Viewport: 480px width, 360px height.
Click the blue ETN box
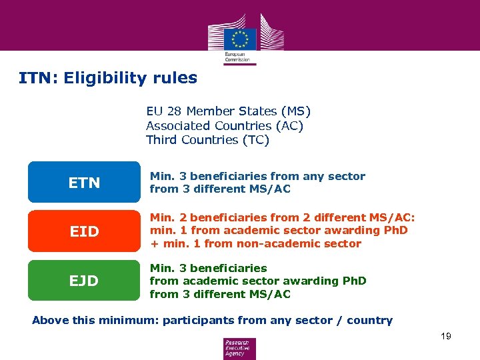(84, 182)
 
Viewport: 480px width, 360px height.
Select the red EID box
(84, 231)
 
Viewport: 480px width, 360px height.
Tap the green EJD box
(84, 281)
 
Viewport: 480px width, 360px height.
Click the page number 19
(445, 336)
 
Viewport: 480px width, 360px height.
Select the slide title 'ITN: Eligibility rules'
(108, 78)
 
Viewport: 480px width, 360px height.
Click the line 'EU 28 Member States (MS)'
(228, 111)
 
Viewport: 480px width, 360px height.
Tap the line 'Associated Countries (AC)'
(225, 125)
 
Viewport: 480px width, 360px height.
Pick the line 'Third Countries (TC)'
(207, 139)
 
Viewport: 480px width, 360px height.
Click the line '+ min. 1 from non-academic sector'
(255, 243)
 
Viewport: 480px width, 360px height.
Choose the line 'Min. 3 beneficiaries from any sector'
(257, 176)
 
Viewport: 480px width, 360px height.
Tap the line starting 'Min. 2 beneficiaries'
(282, 217)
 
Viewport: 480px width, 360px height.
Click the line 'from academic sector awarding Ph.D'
(258, 281)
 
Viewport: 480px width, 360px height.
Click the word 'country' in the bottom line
(369, 320)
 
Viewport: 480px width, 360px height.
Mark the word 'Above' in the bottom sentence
(51, 320)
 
